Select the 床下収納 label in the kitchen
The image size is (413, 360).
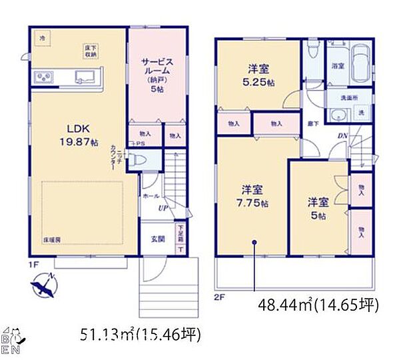pyautogui.click(x=91, y=50)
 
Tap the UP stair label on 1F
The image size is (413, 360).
pyautogui.click(x=162, y=209)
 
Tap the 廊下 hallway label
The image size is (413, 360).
pyautogui.click(x=312, y=125)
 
